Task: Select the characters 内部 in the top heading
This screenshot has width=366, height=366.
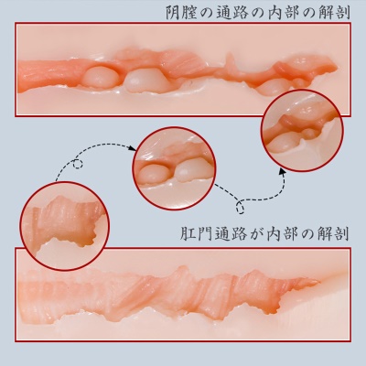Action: pyautogui.click(x=281, y=13)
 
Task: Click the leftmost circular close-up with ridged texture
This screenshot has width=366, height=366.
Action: pyautogui.click(x=65, y=226)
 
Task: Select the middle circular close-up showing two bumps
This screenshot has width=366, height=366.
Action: pyautogui.click(x=174, y=168)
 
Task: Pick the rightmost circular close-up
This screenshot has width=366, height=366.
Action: pyautogui.click(x=302, y=130)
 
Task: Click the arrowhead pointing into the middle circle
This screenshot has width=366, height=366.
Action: pyautogui.click(x=132, y=148)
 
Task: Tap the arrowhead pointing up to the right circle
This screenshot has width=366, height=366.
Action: pyautogui.click(x=283, y=171)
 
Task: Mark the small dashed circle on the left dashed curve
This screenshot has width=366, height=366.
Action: pyautogui.click(x=78, y=164)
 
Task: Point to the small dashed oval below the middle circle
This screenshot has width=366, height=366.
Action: pyautogui.click(x=240, y=208)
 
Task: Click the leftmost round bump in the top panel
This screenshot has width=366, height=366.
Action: pyautogui.click(x=100, y=77)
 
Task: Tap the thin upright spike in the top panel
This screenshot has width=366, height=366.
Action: pyautogui.click(x=231, y=63)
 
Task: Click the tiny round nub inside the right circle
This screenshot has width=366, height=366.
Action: pyautogui.click(x=309, y=133)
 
